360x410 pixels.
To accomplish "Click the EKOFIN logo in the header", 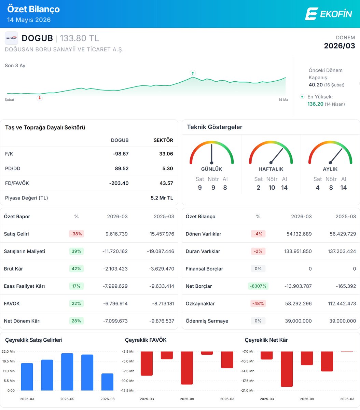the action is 329,14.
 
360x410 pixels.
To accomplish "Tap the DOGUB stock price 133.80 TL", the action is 79,38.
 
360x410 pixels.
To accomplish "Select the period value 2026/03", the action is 340,46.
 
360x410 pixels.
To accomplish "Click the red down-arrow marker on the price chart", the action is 40,98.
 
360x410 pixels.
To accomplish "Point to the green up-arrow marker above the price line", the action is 193,73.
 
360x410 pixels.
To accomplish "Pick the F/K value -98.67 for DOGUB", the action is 121,154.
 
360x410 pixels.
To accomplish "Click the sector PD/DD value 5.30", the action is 168,168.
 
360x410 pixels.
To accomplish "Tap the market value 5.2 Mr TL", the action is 162,198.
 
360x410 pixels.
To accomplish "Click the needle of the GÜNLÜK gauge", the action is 212,153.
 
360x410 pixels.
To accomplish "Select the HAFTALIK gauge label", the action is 271,169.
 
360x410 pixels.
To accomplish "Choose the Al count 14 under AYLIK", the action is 343,187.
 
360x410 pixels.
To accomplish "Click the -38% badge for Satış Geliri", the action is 76,234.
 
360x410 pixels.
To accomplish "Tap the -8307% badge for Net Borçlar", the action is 258,286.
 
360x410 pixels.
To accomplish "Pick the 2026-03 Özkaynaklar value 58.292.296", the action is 298,303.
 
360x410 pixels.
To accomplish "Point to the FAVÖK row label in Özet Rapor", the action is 12,303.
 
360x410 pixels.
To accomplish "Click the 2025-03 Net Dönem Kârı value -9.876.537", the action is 162,321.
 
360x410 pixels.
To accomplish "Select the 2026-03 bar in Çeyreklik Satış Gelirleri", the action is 107,382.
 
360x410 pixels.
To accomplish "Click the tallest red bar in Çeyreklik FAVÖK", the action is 187,368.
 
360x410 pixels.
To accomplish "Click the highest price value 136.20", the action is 315,104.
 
